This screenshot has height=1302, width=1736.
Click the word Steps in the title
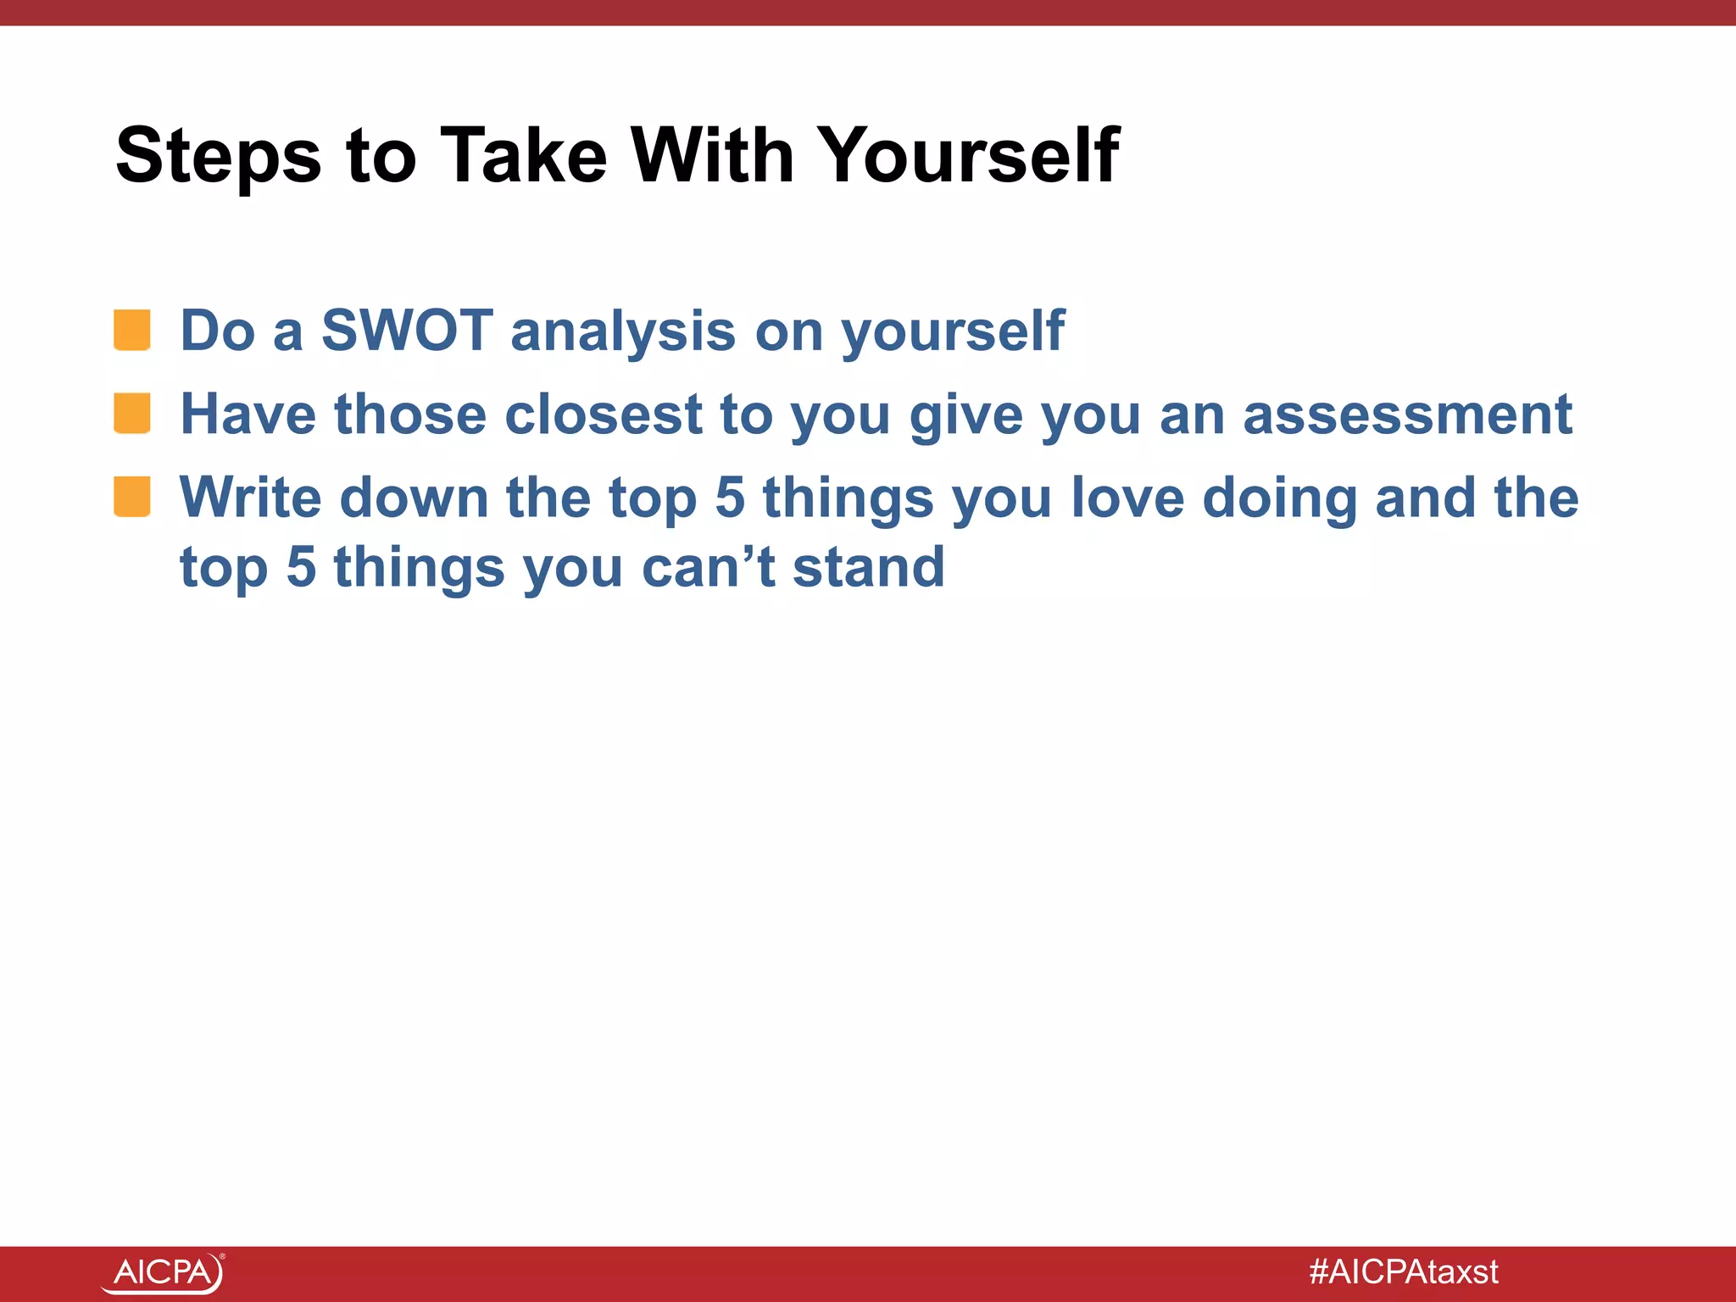click(218, 156)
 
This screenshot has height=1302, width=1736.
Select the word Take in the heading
click(524, 156)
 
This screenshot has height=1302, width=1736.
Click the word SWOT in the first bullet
click(407, 330)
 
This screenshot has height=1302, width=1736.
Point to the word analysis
click(623, 331)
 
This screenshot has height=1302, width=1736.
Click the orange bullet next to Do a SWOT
click(132, 330)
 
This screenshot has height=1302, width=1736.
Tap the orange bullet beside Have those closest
click(132, 414)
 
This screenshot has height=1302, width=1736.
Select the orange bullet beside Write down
click(132, 497)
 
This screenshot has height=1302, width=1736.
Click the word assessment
click(1407, 415)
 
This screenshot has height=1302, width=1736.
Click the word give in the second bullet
click(965, 416)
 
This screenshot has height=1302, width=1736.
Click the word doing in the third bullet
click(1280, 498)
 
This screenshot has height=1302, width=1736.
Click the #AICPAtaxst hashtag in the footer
click(1403, 1271)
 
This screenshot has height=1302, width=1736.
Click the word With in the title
click(712, 156)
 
